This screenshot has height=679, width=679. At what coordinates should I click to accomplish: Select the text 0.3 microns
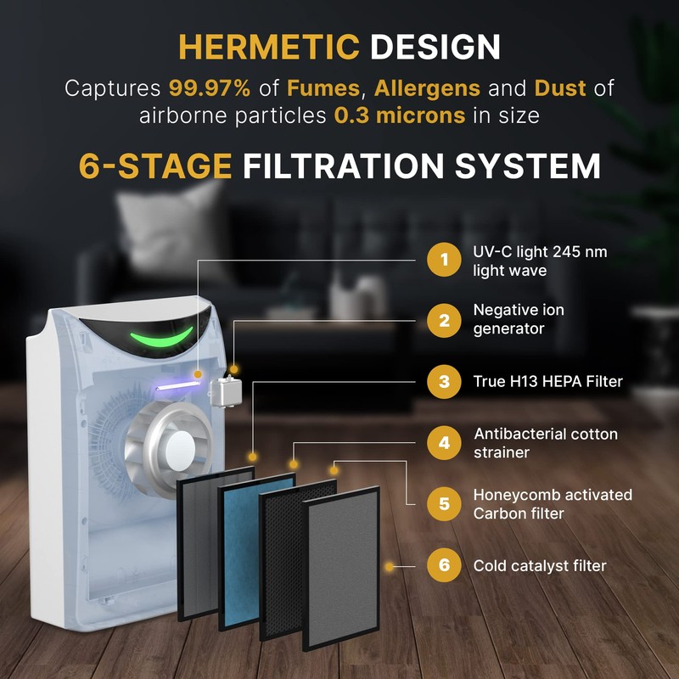click(400, 115)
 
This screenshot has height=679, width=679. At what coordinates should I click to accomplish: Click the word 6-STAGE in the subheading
click(155, 166)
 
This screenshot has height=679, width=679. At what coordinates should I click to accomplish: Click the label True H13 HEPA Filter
click(547, 382)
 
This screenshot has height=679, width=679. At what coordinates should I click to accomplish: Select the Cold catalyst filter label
click(540, 566)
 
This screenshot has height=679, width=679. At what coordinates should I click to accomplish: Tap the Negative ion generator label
click(519, 319)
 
